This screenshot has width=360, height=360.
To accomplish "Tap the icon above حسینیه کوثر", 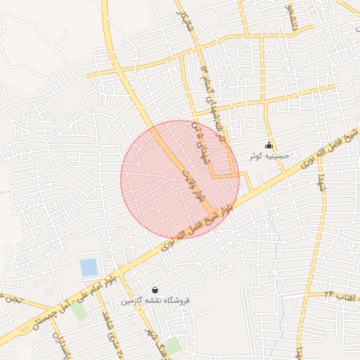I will [x=269, y=146].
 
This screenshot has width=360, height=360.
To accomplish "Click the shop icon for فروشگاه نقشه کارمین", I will [x=155, y=290].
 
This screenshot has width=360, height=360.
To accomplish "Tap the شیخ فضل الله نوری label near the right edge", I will [x=330, y=148].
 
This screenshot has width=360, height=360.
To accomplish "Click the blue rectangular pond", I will [x=89, y=267].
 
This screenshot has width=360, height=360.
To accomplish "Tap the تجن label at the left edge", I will [x=12, y=299].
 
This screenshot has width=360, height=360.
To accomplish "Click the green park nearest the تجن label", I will [x=79, y=310].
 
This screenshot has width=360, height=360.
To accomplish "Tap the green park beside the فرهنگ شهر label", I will [x=172, y=345].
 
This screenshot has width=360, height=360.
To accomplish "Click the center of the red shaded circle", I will [x=180, y=180].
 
